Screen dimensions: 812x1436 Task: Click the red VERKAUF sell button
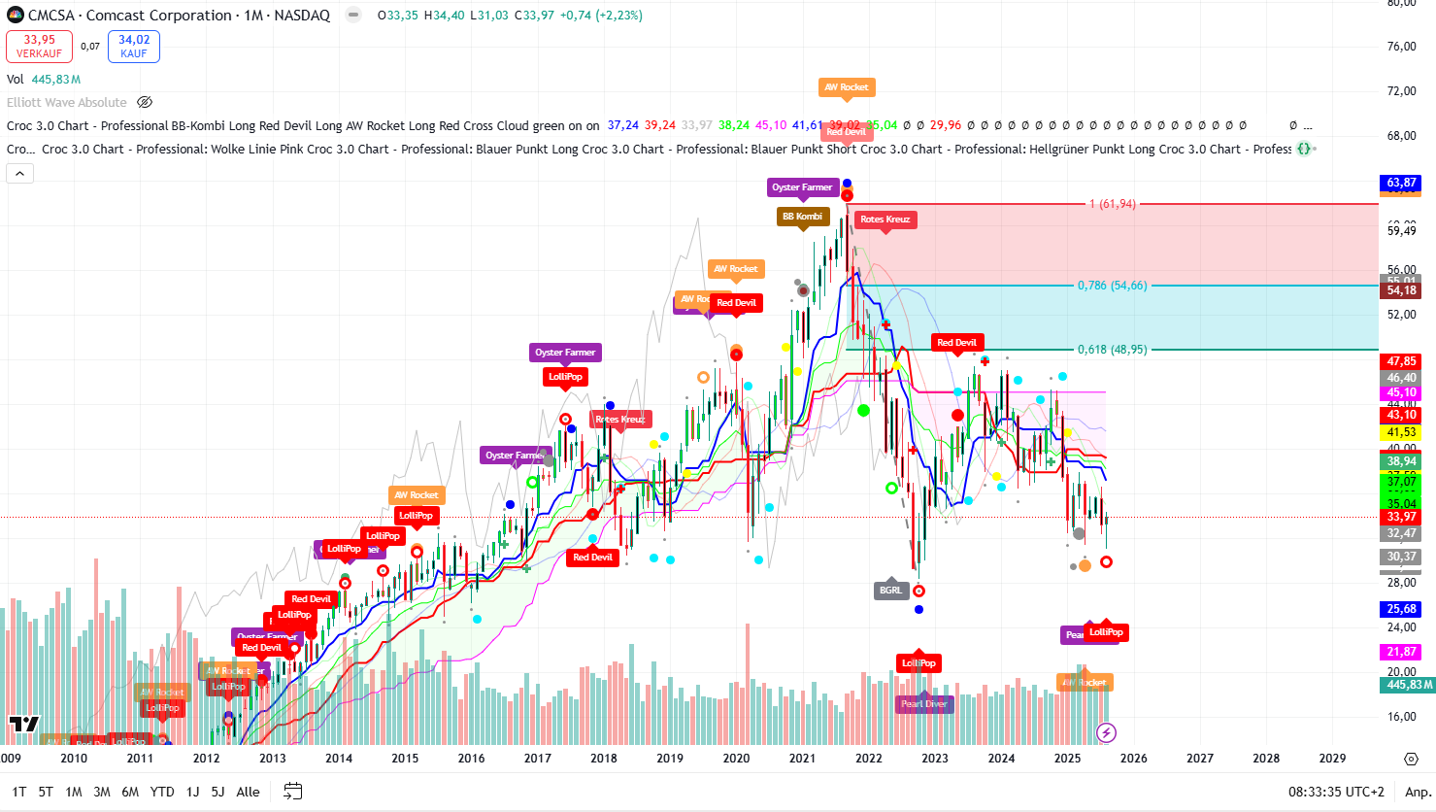pos(39,47)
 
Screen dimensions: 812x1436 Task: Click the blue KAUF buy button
pos(134,47)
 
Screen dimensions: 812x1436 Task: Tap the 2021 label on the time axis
pos(802,759)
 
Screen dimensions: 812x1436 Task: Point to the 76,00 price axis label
pos(1401,47)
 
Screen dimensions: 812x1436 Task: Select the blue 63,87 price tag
pos(1401,183)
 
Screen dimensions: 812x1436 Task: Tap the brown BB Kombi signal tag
pos(802,217)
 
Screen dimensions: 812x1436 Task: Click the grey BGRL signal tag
pos(890,591)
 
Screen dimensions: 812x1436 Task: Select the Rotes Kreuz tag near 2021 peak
pos(885,220)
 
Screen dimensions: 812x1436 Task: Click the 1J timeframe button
pos(192,792)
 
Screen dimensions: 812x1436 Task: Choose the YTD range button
pos(162,792)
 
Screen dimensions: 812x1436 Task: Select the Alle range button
pos(248,792)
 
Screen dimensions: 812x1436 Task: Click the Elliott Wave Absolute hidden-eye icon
pos(145,102)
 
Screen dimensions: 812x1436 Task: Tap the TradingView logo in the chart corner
pos(24,724)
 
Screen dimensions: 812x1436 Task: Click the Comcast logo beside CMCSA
pos(16,16)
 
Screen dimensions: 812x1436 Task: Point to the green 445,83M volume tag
pos(1407,685)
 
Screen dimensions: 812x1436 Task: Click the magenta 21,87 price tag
pos(1401,652)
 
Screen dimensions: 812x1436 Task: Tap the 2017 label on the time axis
pos(537,759)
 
